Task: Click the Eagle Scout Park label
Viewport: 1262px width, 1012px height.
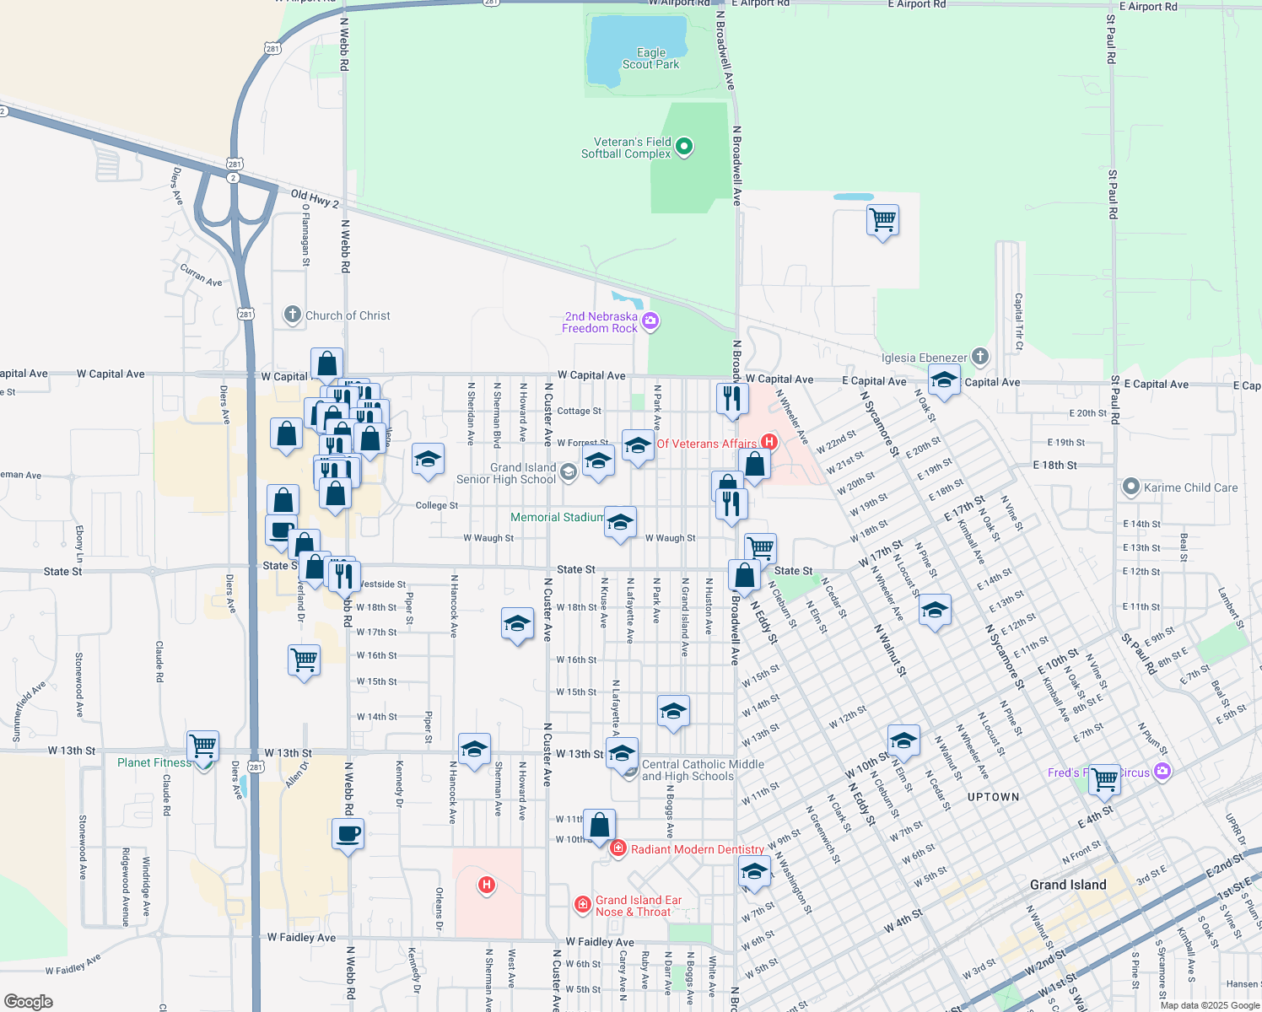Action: pos(650,58)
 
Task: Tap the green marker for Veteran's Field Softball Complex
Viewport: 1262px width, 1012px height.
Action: pos(685,147)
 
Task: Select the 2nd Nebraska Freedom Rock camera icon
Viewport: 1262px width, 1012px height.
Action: pos(650,320)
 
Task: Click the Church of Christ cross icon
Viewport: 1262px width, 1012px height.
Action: pos(293,315)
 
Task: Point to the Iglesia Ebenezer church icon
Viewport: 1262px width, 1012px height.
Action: pos(979,357)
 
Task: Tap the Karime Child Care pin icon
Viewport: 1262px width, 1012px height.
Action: pos(1131,487)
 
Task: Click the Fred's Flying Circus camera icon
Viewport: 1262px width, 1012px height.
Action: pos(1163,771)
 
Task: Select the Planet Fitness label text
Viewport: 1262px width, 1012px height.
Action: pos(154,762)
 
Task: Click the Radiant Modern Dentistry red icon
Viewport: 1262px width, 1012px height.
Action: pos(618,848)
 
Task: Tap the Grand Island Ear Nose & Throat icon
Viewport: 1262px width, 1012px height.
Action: pos(582,905)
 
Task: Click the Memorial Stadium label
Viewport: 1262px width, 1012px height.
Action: pos(557,517)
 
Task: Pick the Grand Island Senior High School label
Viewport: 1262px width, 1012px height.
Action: pos(506,473)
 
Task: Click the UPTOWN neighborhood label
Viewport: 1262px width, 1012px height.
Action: pos(993,797)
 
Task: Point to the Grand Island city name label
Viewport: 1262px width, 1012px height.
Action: pos(1068,885)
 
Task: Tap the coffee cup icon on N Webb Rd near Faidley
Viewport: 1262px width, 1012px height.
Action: pos(348,835)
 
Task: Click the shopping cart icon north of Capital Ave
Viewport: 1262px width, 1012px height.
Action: pos(882,220)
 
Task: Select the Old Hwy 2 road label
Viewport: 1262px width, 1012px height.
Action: pos(315,199)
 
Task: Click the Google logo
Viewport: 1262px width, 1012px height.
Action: pos(28,1001)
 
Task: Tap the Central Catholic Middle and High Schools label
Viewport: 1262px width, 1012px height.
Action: pos(703,770)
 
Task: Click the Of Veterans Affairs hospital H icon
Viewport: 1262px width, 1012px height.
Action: pos(769,441)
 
